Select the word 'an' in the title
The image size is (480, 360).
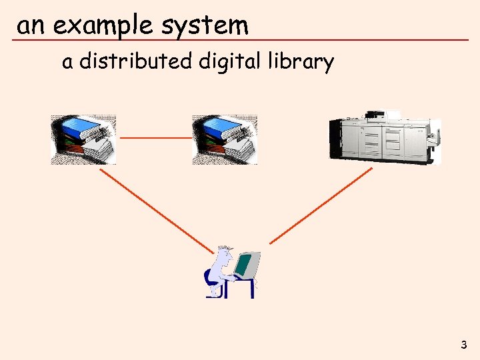[x=31, y=26]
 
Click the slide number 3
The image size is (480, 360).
[x=463, y=345]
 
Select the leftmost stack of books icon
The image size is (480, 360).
[x=83, y=139]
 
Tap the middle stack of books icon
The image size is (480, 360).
[x=225, y=139]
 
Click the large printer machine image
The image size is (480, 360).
[x=385, y=136]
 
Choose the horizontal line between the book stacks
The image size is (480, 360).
[x=155, y=138]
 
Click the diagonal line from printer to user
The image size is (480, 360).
[x=321, y=205]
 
